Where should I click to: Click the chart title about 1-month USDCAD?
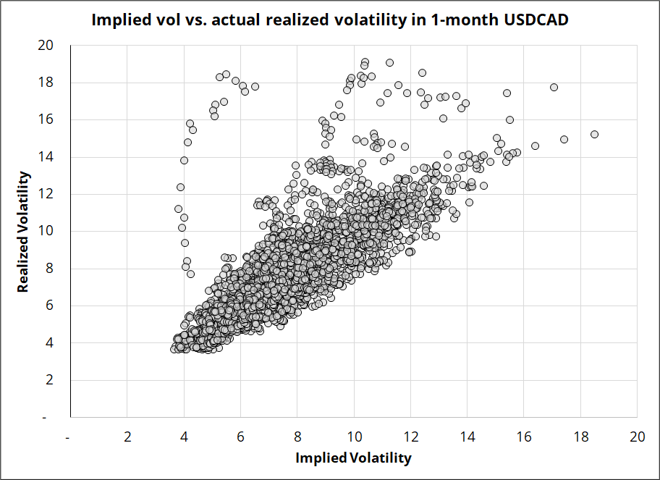point(329,20)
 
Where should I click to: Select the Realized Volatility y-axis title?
point(23,232)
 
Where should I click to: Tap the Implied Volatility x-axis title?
point(353,458)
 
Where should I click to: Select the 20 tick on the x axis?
point(637,437)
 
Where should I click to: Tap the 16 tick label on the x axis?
point(523,437)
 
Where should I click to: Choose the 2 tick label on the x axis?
point(127,437)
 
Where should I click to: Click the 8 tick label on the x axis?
point(297,437)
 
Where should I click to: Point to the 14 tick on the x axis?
point(467,437)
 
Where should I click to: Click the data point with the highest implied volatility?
point(594,134)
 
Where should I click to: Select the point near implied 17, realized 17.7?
point(554,87)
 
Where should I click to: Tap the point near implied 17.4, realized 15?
point(564,139)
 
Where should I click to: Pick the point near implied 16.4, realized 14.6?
point(535,146)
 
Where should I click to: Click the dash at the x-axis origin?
point(68,437)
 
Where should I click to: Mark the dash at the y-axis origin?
point(51,417)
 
